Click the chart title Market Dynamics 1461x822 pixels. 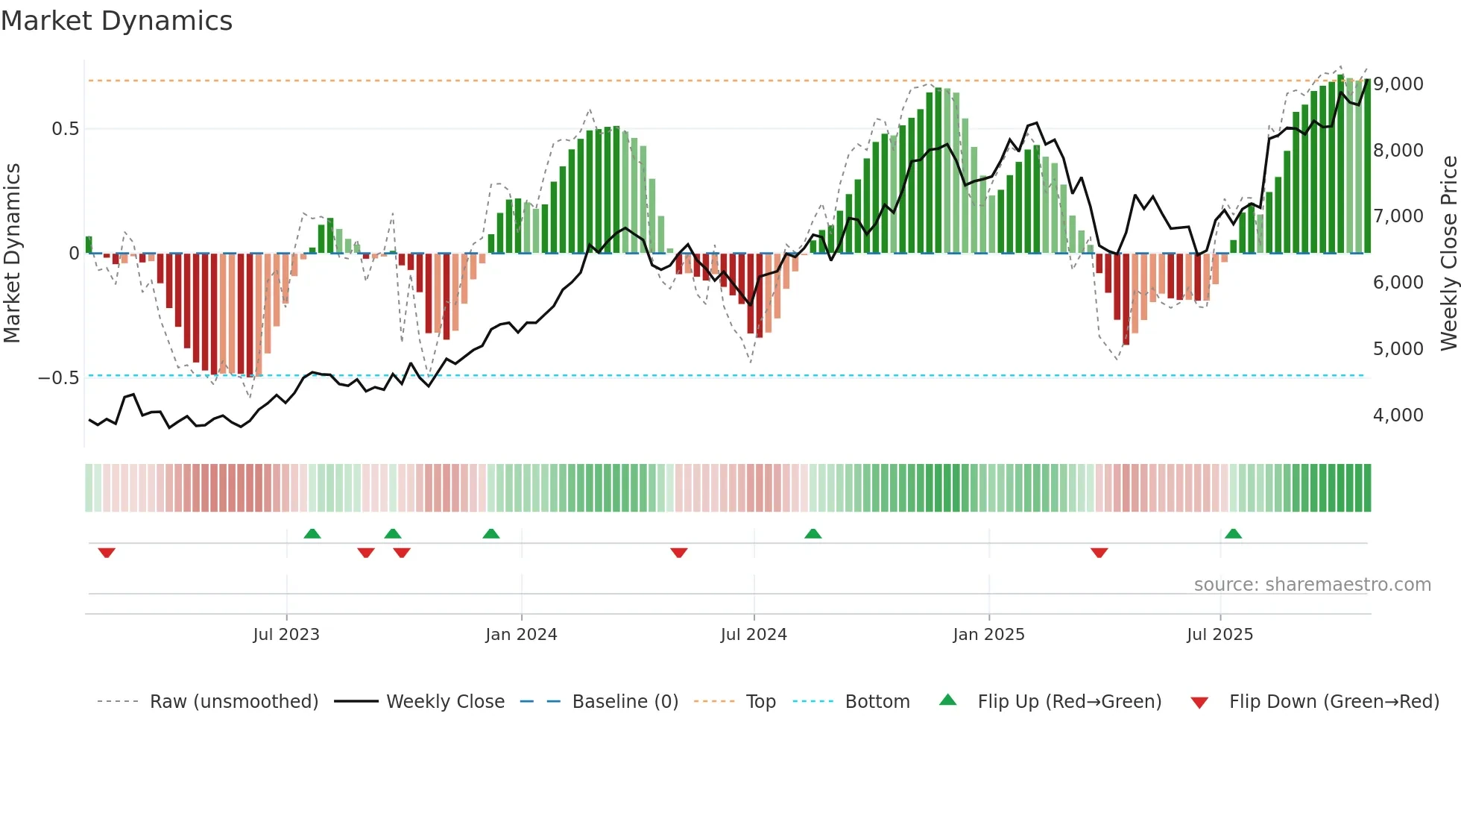117,21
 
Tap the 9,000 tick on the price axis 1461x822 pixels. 1398,84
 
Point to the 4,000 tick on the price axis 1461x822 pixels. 1398,415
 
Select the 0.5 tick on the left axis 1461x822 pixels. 66,129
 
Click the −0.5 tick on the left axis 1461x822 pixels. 59,378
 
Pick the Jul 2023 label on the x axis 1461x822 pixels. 286,635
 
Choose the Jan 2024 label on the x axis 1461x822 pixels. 521,635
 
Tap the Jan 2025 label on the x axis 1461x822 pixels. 988,635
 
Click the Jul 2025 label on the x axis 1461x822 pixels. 1220,635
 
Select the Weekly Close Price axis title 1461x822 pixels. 1448,254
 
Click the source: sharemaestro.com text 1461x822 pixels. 1312,585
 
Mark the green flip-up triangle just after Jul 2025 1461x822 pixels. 1233,533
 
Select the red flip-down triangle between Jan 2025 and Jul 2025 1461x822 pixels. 1099,553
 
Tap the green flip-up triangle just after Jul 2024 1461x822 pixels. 812,533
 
